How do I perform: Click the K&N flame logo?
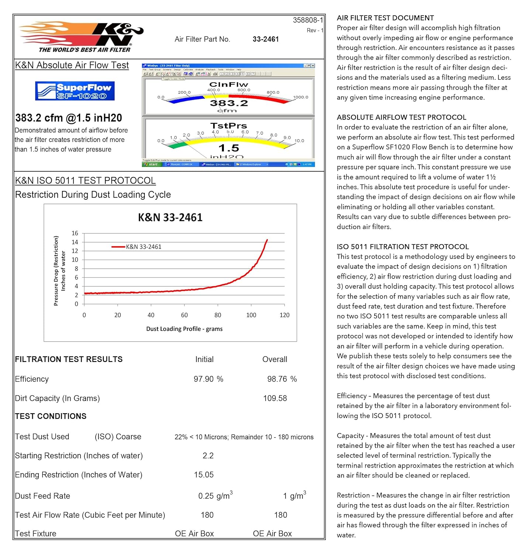[x=81, y=37]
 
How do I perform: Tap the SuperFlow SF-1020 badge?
[x=75, y=91]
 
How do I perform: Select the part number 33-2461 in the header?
[x=266, y=39]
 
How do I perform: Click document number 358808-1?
[x=308, y=20]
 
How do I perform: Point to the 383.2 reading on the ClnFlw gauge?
[x=229, y=103]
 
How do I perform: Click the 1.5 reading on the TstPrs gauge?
[x=229, y=148]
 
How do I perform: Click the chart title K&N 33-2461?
[x=170, y=217]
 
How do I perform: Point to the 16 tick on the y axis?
[x=75, y=233]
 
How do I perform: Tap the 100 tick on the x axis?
[x=251, y=315]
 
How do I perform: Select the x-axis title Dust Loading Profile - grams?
[x=184, y=329]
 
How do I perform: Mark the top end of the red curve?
[x=267, y=240]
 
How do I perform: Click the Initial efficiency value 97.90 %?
[x=208, y=379]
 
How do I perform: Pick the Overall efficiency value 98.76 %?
[x=282, y=379]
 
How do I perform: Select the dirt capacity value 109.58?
[x=275, y=398]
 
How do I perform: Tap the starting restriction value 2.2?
[x=208, y=456]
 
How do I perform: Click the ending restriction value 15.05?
[x=204, y=475]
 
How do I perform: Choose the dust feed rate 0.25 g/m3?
[x=215, y=496]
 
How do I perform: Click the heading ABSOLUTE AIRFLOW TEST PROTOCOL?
[x=402, y=117]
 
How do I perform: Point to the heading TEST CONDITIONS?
[x=51, y=416]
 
